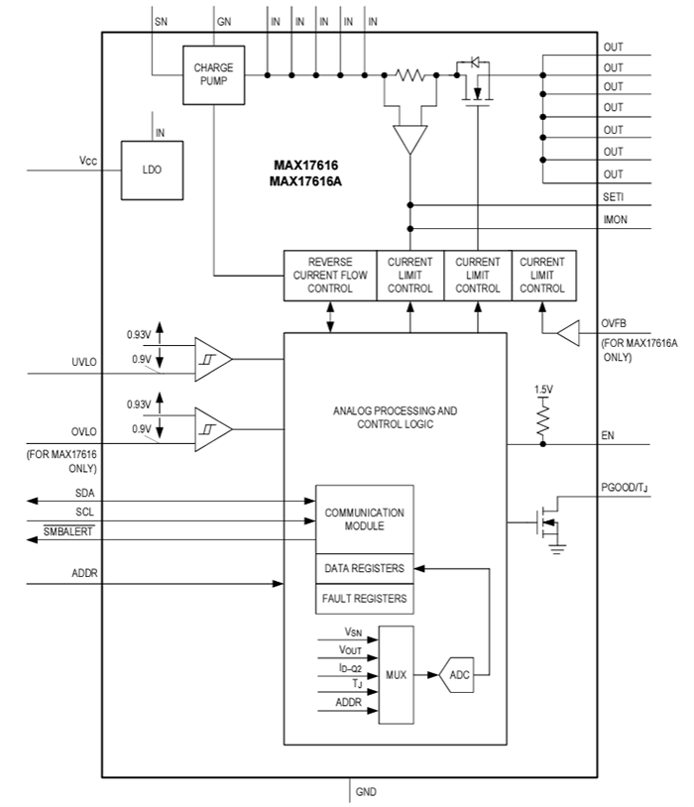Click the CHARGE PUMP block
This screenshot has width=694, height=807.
tap(213, 74)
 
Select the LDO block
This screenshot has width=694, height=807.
tap(152, 170)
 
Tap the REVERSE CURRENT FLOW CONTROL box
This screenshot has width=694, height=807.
tap(330, 276)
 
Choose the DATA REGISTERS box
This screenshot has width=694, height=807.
tap(364, 568)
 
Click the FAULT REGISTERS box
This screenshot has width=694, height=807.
tap(364, 599)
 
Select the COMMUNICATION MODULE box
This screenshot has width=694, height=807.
tap(364, 519)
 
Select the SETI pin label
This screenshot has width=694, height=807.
tap(613, 196)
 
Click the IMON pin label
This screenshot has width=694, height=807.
tap(614, 219)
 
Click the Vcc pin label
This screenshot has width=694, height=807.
tap(88, 161)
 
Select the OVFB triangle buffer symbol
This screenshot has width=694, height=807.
tap(567, 335)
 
